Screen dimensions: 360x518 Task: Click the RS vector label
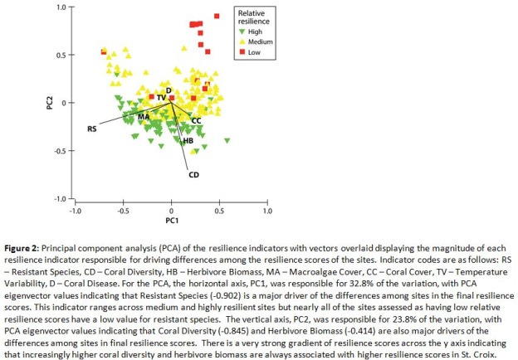[92, 129]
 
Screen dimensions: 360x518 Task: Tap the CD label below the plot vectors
[193, 174]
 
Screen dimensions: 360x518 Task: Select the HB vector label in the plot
[188, 142]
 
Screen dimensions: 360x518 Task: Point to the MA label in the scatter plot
[144, 117]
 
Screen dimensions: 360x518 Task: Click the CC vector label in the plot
[197, 121]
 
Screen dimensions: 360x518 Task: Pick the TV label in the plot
[161, 98]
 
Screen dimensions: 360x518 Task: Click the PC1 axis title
[171, 220]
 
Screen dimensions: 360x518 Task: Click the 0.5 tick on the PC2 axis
[61, 56]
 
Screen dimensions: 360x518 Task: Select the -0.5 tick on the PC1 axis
[123, 211]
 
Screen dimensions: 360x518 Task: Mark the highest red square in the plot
[217, 16]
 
